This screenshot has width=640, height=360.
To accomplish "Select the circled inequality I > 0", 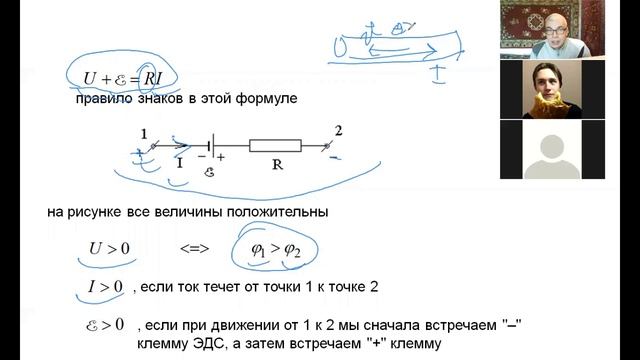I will click(x=102, y=288).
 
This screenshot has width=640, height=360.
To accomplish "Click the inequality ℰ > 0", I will click(x=104, y=324).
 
